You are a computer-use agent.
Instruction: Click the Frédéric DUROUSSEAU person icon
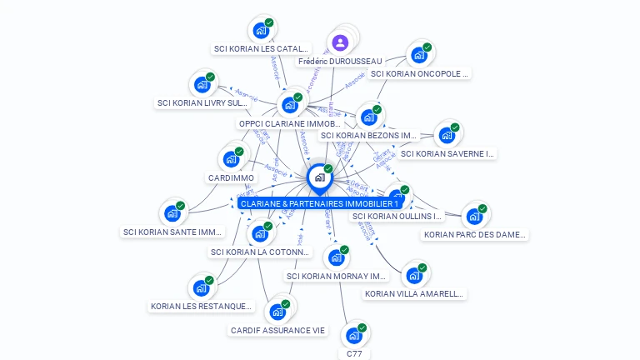(x=339, y=42)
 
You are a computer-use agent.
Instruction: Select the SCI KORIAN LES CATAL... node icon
(x=261, y=31)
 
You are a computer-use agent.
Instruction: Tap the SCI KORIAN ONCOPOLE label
(x=420, y=73)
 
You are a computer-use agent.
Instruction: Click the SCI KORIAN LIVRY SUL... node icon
(x=202, y=84)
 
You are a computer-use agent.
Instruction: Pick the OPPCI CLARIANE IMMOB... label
(x=289, y=123)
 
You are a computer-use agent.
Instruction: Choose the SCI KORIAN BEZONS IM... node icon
(x=368, y=117)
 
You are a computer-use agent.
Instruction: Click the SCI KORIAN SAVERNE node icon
(x=447, y=135)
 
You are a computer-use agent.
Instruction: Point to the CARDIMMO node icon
(x=231, y=159)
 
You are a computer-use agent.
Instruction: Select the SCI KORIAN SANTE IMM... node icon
(x=172, y=213)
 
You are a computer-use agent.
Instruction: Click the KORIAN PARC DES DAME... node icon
(x=474, y=217)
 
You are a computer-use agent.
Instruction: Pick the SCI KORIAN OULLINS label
(x=397, y=216)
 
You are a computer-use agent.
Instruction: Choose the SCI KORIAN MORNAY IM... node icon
(x=337, y=257)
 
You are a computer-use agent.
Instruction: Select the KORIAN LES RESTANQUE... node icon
(x=201, y=288)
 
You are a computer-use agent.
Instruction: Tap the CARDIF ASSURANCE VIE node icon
(x=277, y=312)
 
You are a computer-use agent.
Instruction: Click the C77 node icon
(x=354, y=336)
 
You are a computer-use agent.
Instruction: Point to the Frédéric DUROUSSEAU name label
(x=339, y=61)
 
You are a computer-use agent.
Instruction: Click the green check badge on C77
(x=362, y=327)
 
